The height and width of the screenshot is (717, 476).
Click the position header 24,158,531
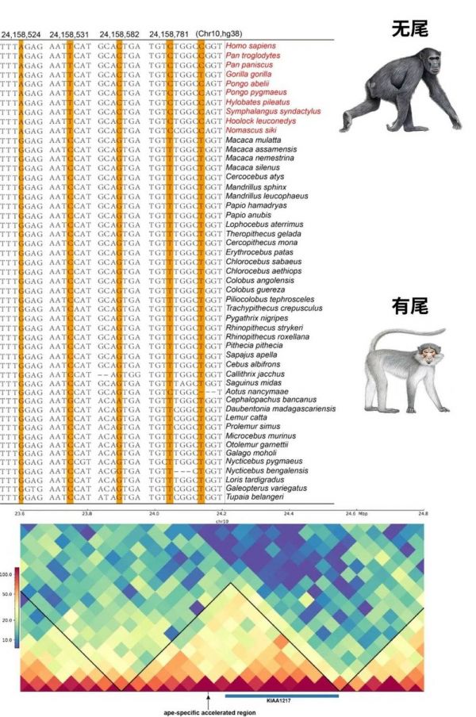(72, 35)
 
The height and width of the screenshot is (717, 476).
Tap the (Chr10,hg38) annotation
(219, 35)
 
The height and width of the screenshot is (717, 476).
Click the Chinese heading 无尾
(409, 29)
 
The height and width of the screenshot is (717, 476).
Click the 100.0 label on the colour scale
(9, 571)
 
